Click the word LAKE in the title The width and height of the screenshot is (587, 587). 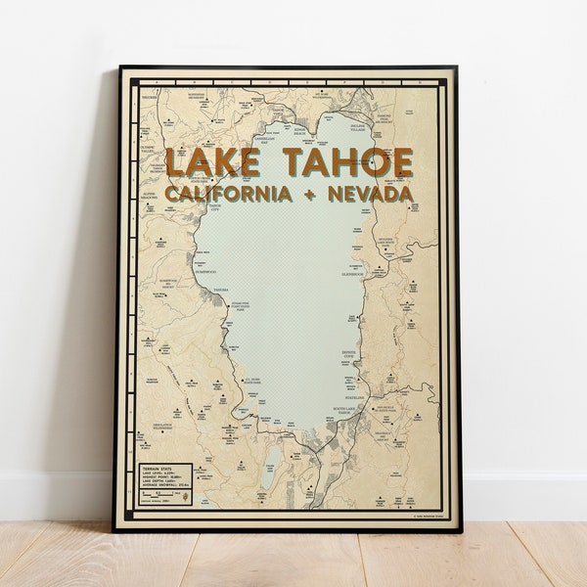tap(211, 161)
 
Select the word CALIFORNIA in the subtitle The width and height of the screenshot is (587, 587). tap(228, 194)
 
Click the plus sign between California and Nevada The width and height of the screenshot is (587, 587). tap(309, 194)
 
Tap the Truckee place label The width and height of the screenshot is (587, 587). tap(148, 97)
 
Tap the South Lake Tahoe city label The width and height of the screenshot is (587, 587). tap(348, 412)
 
